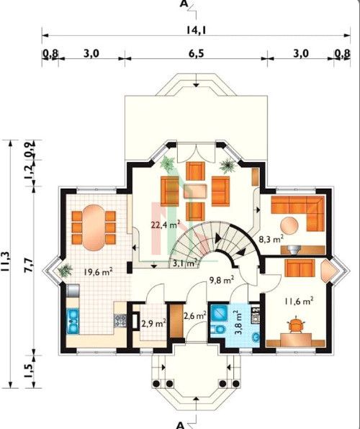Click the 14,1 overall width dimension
point(196,30)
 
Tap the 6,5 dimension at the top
point(197,53)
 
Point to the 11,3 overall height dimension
point(6,261)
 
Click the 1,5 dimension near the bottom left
point(29,371)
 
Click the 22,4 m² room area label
point(166,225)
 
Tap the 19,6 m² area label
point(99,272)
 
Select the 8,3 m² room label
point(271,240)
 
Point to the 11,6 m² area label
point(299,301)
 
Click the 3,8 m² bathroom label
point(238,322)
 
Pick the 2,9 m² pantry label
point(154,324)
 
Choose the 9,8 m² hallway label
point(222,280)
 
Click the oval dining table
point(94,227)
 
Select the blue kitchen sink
point(73,321)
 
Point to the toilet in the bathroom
point(218,330)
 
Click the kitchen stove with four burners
point(120,320)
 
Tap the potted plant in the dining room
point(65,271)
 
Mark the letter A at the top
point(184,4)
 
